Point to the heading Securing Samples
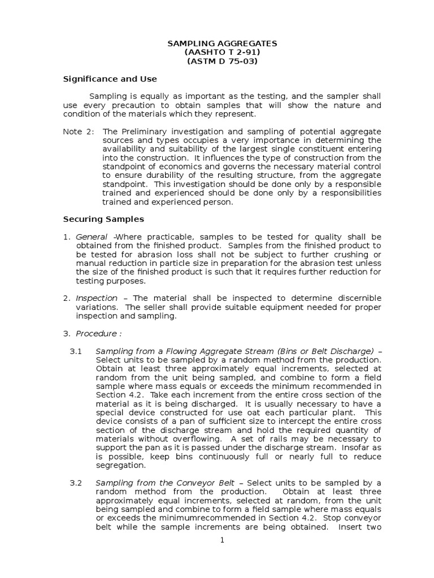(x=103, y=218)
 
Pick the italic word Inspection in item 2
(x=97, y=297)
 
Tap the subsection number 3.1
(x=76, y=351)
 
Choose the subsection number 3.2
(x=76, y=483)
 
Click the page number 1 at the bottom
(x=222, y=540)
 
